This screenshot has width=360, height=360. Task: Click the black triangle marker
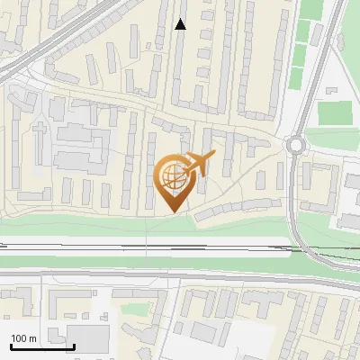pyautogui.click(x=181, y=25)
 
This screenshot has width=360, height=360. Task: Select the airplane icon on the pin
pyautogui.click(x=199, y=163)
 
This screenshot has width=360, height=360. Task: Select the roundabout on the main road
pyautogui.click(x=294, y=145)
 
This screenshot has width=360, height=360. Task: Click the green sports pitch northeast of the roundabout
pyautogui.click(x=335, y=113)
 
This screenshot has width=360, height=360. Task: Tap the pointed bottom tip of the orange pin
pyautogui.click(x=174, y=211)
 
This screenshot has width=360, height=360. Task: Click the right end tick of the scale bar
pyautogui.click(x=74, y=344)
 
